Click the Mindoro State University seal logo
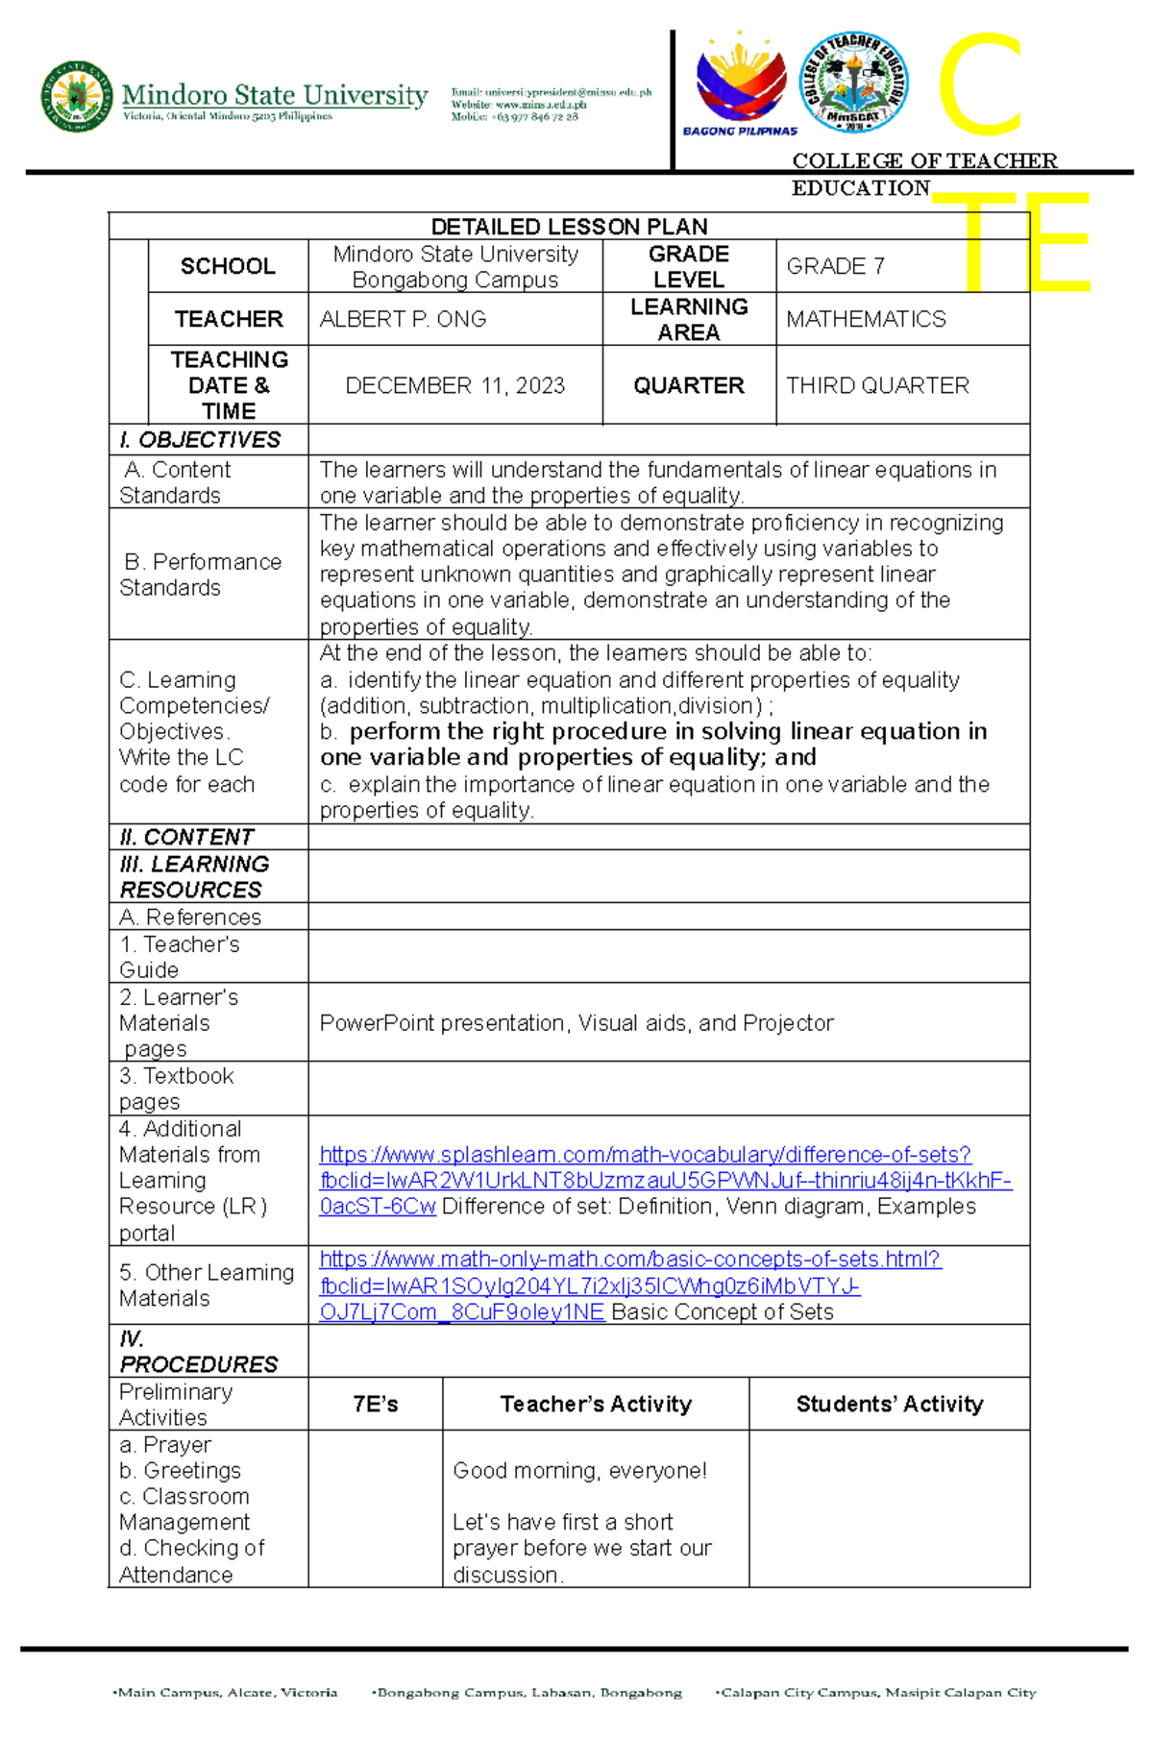pos(77,97)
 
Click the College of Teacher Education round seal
pos(853,82)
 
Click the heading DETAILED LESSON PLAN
pos(569,227)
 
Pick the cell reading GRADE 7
pos(835,266)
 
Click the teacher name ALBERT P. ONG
pos(403,319)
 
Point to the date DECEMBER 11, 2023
pos(454,385)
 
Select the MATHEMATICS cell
pos(866,319)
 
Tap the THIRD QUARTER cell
pos(877,385)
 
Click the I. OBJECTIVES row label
pos(200,440)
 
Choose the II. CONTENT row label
pos(186,837)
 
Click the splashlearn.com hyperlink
pos(645,1155)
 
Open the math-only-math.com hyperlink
pos(629,1260)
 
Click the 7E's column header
pos(375,1405)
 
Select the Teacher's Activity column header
pos(596,1405)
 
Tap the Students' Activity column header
pos(889,1405)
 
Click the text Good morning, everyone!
pos(579,1471)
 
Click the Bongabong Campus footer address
pos(528,1693)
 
